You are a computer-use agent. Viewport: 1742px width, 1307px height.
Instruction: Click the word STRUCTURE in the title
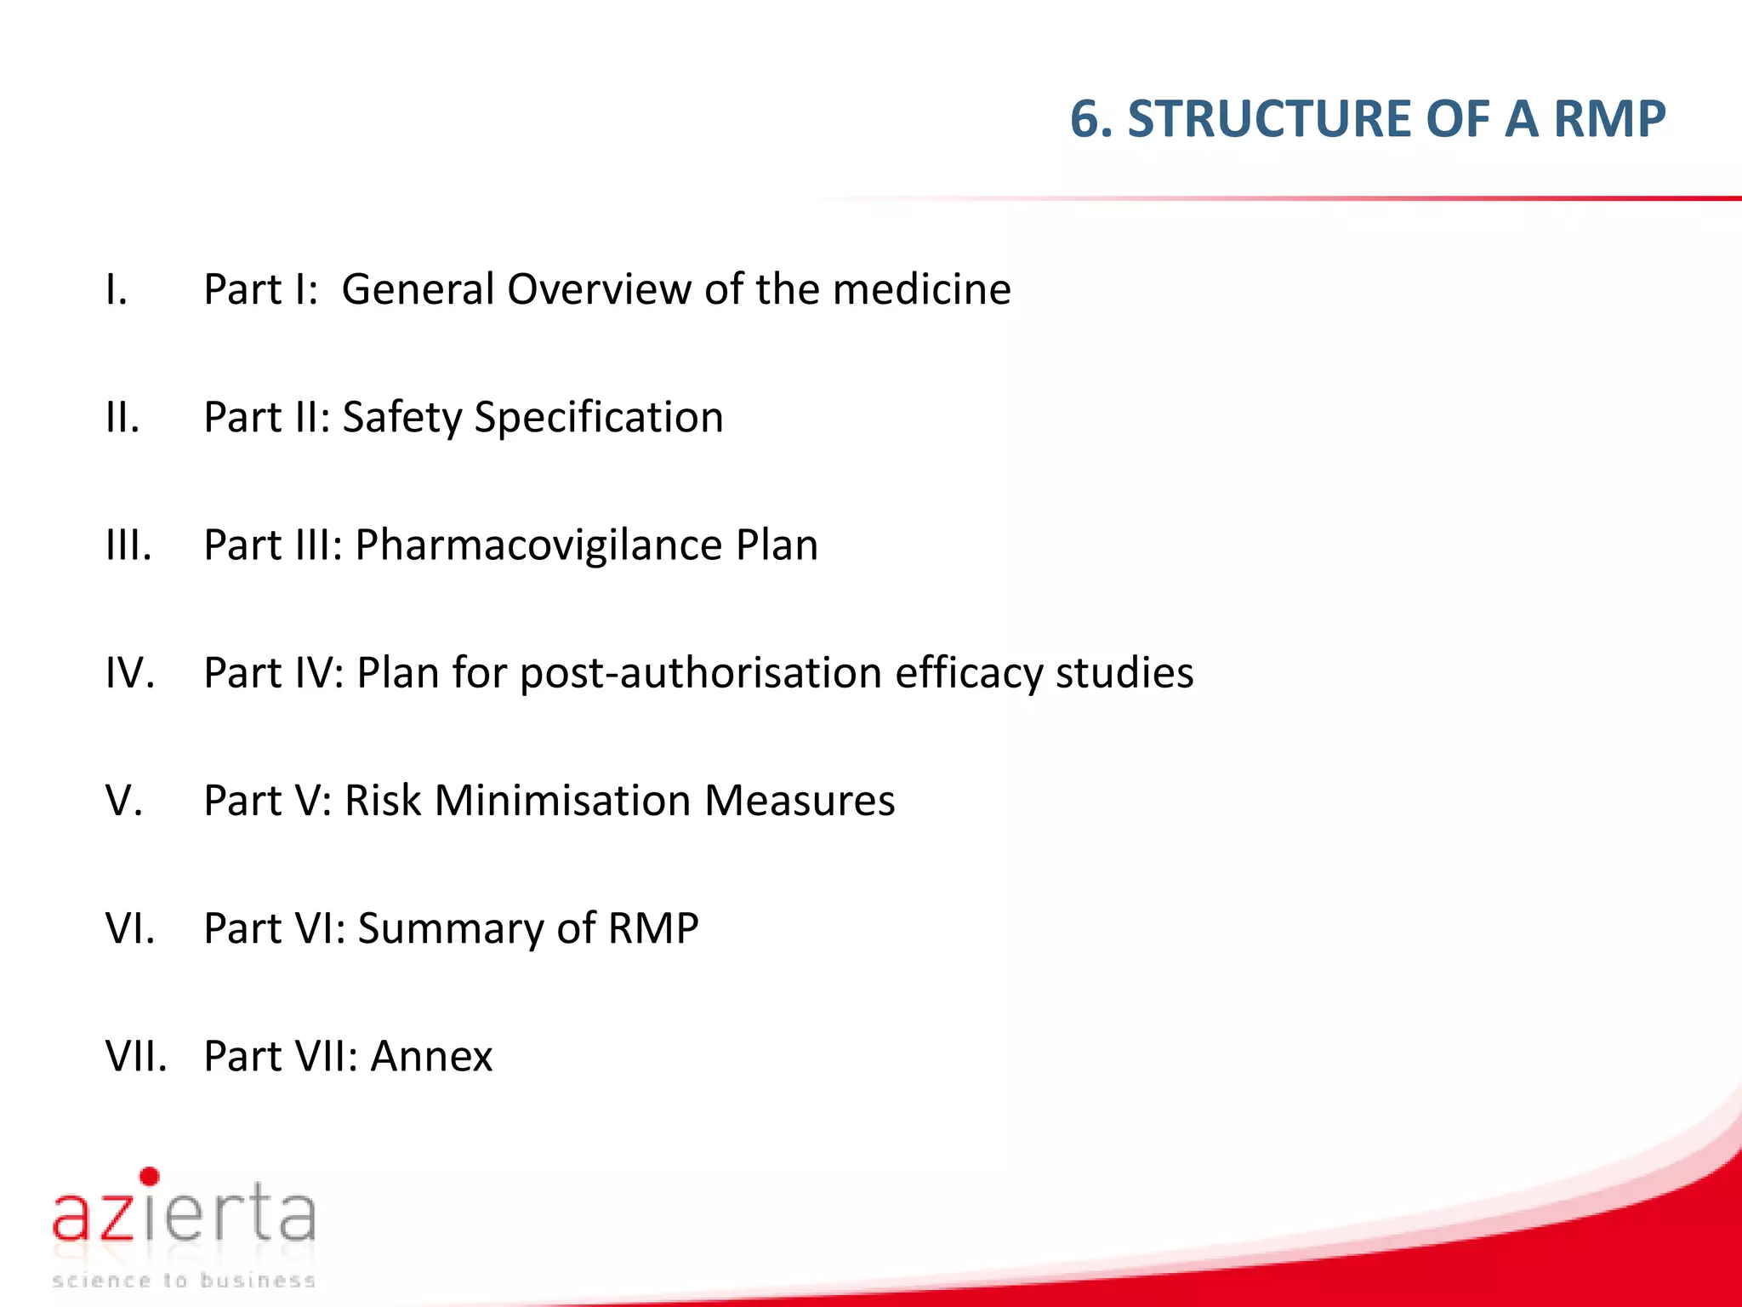pos(1268,118)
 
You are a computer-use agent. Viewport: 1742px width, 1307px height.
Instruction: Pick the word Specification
pos(598,418)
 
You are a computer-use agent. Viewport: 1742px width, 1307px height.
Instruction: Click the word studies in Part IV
pos(1124,673)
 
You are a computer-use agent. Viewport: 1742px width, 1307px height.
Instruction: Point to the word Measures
pos(800,801)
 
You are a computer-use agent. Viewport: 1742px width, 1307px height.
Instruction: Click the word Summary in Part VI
pos(450,928)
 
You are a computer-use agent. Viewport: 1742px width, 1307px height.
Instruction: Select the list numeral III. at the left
pos(128,545)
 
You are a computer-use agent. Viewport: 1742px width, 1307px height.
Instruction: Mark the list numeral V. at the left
pos(124,801)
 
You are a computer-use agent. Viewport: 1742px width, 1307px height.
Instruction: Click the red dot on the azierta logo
pos(150,1177)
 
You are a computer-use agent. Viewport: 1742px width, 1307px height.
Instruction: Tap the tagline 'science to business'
pos(183,1281)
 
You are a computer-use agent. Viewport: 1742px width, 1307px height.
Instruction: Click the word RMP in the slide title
pos(1609,118)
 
